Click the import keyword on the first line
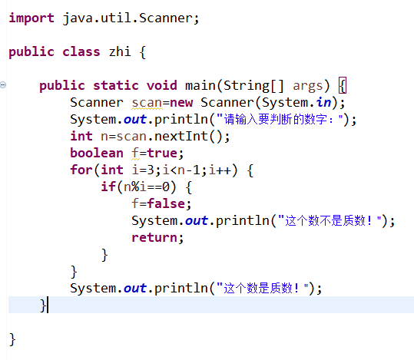pos(31,18)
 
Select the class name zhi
pos(120,51)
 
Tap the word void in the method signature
pos(162,85)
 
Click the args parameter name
pos(307,86)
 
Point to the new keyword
pos(181,102)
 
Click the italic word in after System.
pos(323,102)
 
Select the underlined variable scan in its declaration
pos(147,103)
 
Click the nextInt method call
pos(181,136)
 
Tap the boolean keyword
pos(97,153)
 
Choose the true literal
pos(162,153)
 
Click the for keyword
pos(81,170)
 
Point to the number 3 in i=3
pos(151,170)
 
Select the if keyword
pos(108,187)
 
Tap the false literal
pos(166,203)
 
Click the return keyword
pos(154,237)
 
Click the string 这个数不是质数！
pos(330,220)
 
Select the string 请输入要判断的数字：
pos(280,119)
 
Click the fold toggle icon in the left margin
pos(3,85)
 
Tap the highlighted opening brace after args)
pos(343,85)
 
